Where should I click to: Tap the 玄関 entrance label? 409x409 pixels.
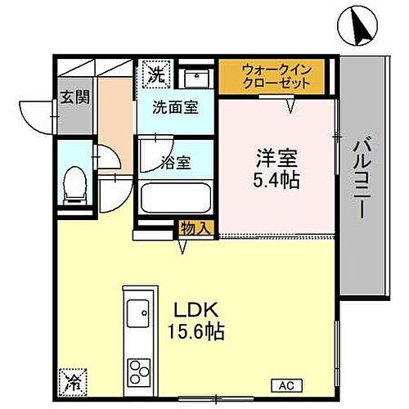click(x=72, y=97)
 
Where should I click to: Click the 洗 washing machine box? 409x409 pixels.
click(x=154, y=74)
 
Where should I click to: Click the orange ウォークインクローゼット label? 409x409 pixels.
click(x=275, y=76)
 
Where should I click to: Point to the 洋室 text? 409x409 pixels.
click(x=275, y=155)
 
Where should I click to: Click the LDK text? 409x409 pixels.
click(x=195, y=310)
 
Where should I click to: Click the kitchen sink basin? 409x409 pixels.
click(x=137, y=313)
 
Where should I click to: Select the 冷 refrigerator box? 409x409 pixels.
click(x=72, y=379)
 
